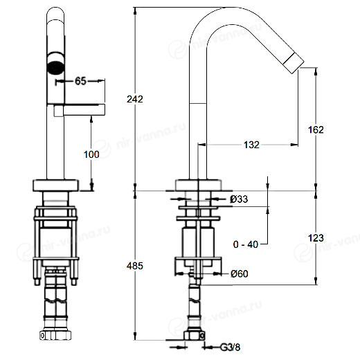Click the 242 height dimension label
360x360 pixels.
pos(135,99)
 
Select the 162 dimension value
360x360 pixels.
pos(316,129)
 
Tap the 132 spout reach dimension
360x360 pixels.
pos(251,145)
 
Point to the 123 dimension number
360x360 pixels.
pos(316,238)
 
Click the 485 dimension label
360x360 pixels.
pos(135,266)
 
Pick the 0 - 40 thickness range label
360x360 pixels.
pos(246,244)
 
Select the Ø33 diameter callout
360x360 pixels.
pos(239,199)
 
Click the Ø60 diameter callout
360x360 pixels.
pos(240,273)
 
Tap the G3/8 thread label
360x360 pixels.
pos(231,347)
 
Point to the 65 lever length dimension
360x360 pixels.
pos(80,81)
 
